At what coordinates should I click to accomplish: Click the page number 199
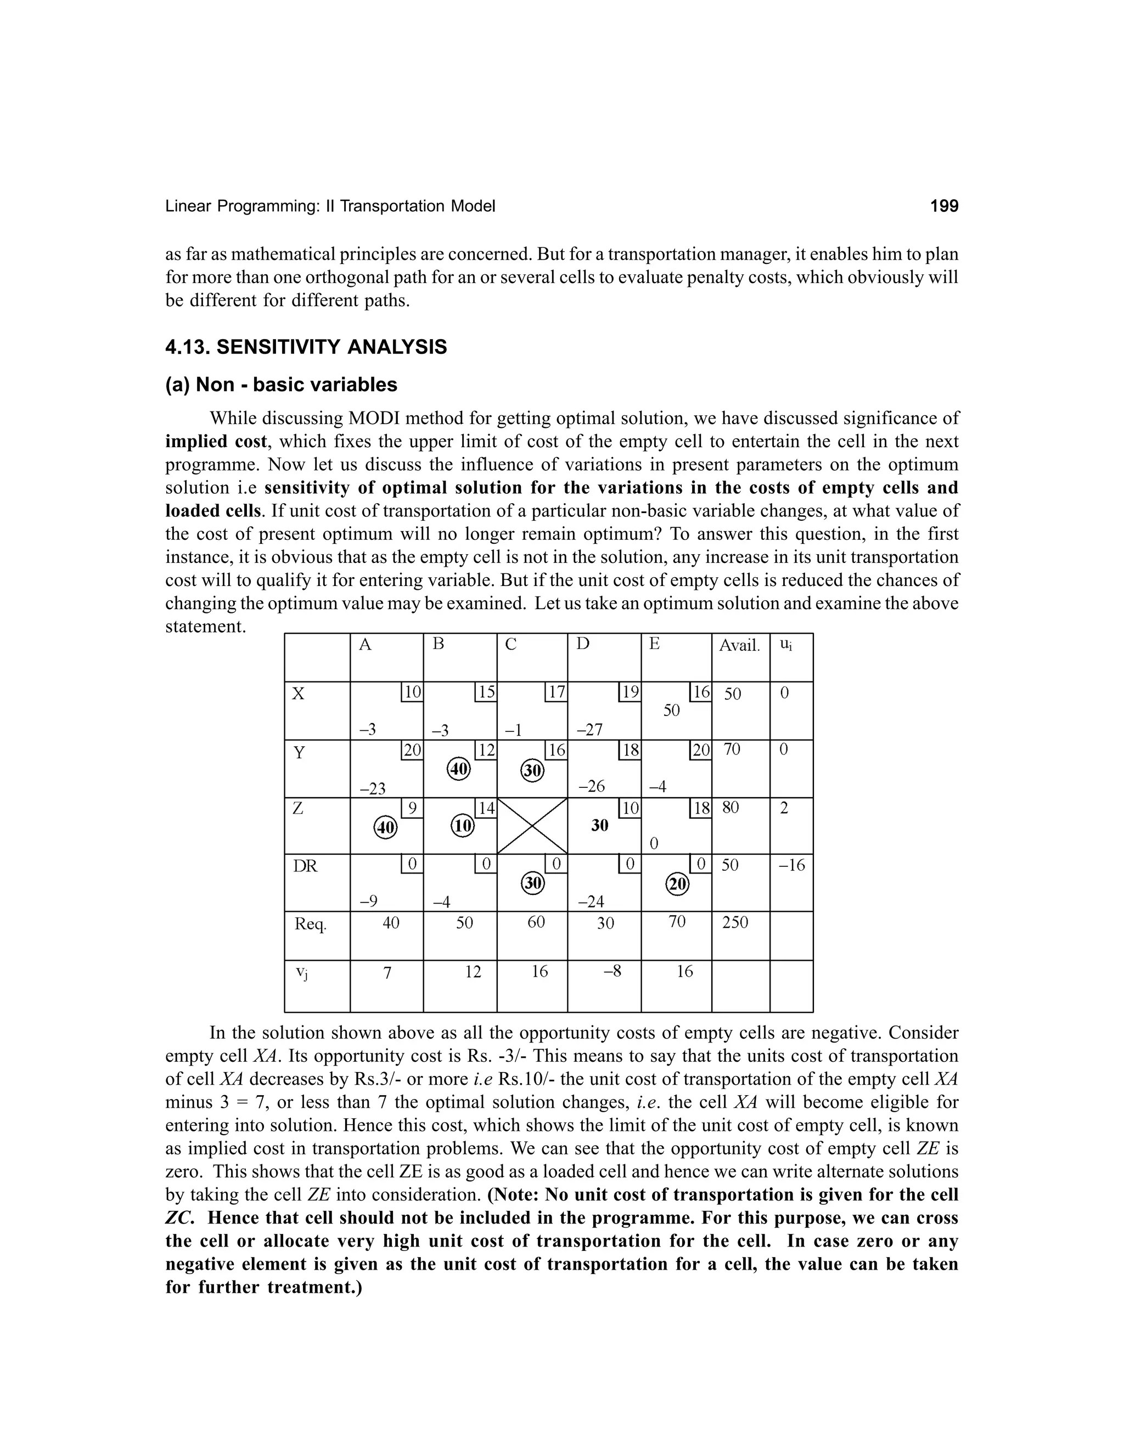(943, 206)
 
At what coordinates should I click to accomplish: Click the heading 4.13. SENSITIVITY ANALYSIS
(306, 347)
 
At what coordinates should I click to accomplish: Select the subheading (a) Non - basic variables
(281, 385)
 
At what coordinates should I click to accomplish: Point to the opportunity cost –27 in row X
(589, 730)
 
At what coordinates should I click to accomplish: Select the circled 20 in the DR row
(677, 884)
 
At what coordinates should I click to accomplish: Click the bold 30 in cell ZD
(600, 826)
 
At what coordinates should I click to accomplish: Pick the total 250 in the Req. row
(735, 922)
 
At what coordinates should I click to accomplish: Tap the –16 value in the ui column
(792, 865)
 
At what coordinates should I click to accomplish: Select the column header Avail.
(739, 645)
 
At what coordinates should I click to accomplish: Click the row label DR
(306, 866)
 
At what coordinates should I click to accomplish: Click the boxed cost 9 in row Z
(412, 808)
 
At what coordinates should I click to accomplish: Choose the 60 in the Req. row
(536, 922)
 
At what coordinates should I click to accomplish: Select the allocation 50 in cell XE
(671, 711)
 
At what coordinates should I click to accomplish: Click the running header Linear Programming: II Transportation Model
(330, 206)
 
